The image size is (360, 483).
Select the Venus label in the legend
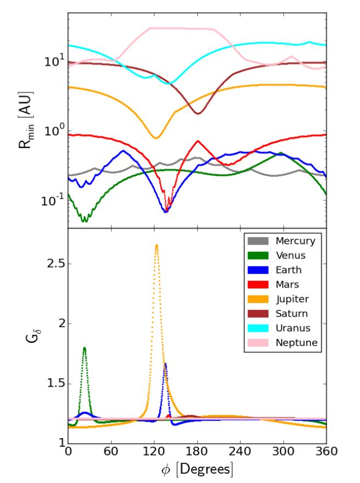point(291,255)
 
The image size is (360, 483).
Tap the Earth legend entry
point(288,270)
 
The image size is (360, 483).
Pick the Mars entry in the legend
point(287,284)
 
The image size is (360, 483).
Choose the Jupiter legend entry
point(292,299)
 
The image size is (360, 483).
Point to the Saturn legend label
point(291,314)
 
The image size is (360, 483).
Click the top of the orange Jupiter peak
point(157,245)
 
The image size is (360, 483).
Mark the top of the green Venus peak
point(84,347)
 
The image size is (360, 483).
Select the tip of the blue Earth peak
point(165,364)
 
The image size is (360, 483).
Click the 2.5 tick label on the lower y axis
point(49,264)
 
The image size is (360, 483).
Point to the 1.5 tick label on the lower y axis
point(49,383)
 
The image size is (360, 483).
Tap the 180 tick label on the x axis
point(197,453)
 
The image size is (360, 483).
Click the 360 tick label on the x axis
point(326,453)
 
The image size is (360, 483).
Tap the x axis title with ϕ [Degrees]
point(197,470)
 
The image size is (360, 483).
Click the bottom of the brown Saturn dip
point(198,113)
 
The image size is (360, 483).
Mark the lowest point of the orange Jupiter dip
point(156,137)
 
